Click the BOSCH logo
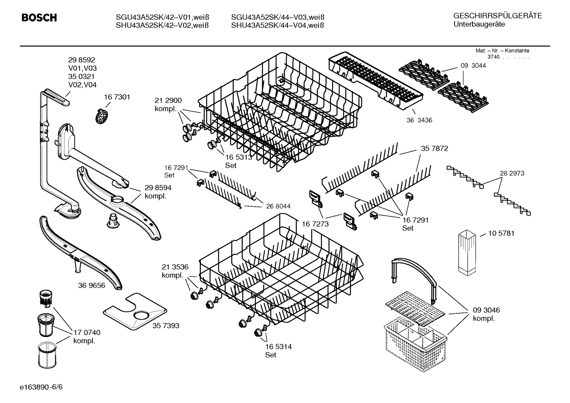point(39,18)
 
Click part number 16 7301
point(117,97)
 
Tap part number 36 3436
point(419,120)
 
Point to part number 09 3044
point(473,66)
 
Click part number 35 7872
point(434,149)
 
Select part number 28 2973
point(512,173)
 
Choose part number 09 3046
point(486,310)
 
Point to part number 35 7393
point(166,325)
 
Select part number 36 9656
point(92,285)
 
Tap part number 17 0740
point(87,333)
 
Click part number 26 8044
point(278,206)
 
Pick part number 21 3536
point(175,267)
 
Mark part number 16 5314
point(278,347)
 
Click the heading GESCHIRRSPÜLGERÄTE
point(497,16)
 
